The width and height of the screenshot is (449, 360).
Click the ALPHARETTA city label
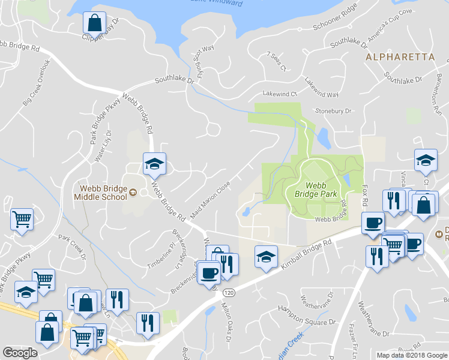click(x=400, y=57)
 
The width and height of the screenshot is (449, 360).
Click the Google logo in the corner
click(x=20, y=353)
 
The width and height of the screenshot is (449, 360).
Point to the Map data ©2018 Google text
click(x=412, y=355)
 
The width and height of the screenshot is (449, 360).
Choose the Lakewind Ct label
click(x=280, y=94)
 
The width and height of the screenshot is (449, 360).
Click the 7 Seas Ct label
click(x=277, y=62)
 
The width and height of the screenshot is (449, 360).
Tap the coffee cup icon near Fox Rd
click(x=373, y=222)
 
